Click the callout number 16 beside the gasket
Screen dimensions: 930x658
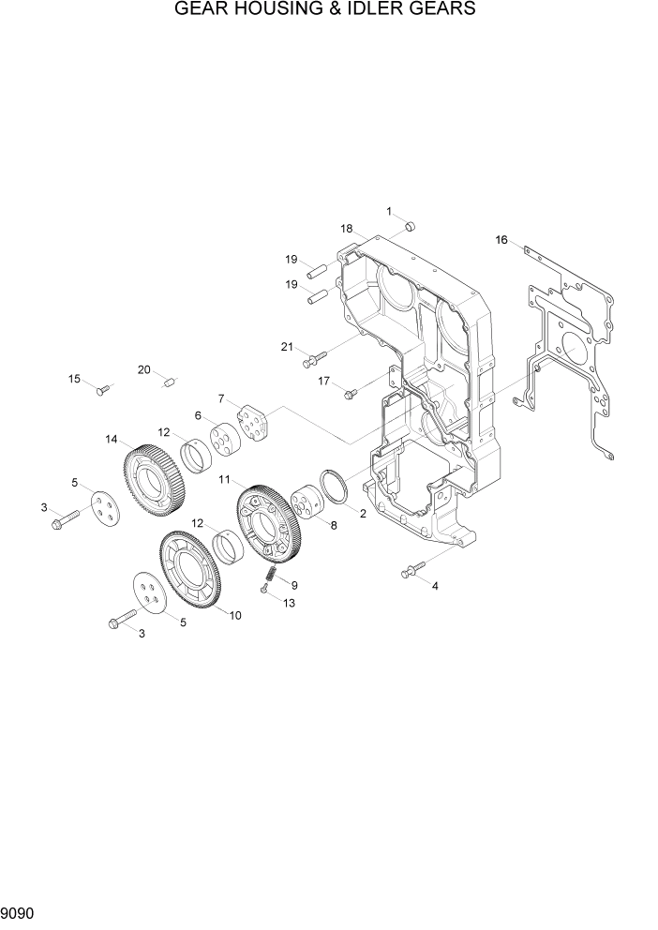pos(501,241)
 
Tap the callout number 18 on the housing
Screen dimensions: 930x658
pos(347,229)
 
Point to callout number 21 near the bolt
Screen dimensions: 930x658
pos(287,347)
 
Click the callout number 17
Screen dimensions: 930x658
pos(323,381)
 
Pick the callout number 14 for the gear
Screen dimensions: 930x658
pos(112,439)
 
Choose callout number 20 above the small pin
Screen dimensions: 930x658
pos(143,369)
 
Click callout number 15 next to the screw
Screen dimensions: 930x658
pos(74,379)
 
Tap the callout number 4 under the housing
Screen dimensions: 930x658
pos(435,585)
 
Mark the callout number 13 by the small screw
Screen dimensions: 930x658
pos(289,603)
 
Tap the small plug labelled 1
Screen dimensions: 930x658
pos(410,228)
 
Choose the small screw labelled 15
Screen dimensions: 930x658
pos(103,388)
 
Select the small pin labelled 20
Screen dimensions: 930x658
pos(171,382)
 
